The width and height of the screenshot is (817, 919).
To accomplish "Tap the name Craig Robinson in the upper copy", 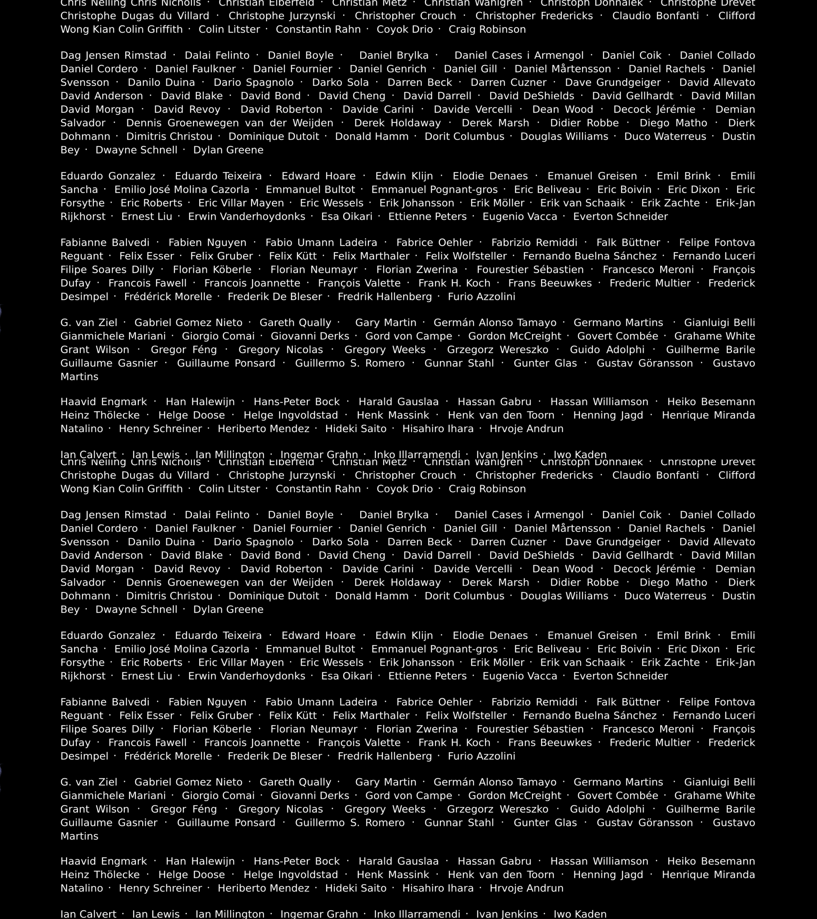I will tap(487, 29).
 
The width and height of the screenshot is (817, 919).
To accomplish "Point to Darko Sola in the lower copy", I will tap(340, 542).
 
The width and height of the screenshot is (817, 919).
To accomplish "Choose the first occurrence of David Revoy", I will tap(187, 109).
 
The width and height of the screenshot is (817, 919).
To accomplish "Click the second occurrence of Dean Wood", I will tap(563, 569).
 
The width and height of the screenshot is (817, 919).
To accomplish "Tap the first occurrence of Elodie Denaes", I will tap(490, 176).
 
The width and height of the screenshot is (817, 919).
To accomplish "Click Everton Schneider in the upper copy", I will tap(621, 216).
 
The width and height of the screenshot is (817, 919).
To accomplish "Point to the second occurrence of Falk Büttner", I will tap(628, 702).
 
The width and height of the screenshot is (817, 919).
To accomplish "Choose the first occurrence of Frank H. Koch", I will tap(454, 283).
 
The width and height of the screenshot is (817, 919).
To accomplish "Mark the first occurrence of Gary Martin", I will tap(386, 322).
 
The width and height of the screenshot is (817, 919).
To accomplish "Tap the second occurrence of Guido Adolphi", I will tap(607, 809).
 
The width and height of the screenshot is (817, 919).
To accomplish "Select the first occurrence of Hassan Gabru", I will tap(494, 402).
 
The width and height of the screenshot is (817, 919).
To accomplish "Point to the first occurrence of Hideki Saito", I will tap(356, 428).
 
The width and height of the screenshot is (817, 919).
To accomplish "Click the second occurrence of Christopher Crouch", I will tap(405, 475).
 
